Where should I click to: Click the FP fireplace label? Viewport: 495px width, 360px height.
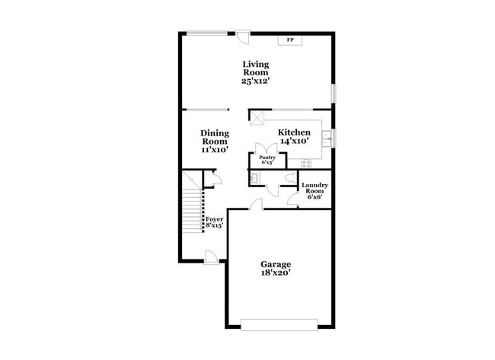[290, 40]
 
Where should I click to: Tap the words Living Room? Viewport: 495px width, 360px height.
[256, 68]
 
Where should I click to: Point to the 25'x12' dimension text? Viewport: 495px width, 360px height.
[256, 80]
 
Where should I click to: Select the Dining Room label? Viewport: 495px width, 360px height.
[215, 137]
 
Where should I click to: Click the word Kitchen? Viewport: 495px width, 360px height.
[293, 132]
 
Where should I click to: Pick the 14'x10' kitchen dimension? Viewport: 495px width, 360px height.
[293, 141]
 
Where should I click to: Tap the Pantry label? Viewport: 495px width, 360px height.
[267, 158]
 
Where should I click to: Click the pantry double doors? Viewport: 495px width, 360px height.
[267, 148]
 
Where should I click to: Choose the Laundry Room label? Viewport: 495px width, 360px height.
[314, 190]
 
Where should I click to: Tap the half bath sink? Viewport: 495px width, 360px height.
[254, 177]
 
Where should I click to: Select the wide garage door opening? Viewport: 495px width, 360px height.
[279, 323]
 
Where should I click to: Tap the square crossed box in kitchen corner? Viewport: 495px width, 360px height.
[257, 118]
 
